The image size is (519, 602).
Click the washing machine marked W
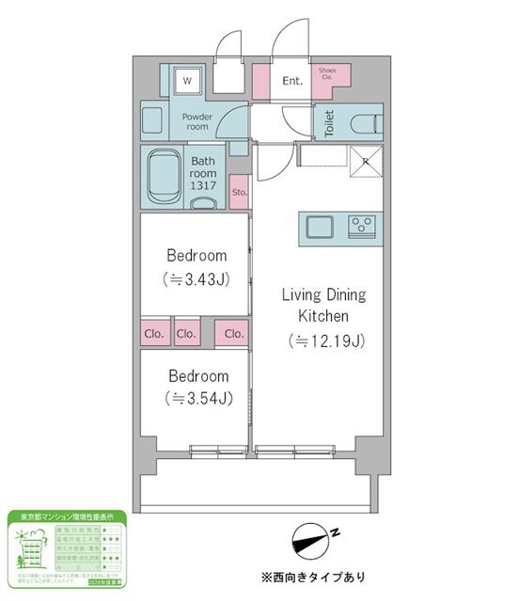[x=186, y=81]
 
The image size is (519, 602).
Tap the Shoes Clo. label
[x=328, y=74]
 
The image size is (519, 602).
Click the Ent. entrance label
[x=292, y=81]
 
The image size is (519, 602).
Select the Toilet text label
[x=329, y=124]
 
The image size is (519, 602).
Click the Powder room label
[x=197, y=121]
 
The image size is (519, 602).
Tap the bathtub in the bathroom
[x=164, y=176]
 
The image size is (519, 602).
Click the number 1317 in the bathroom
[x=204, y=186]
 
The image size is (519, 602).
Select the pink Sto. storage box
[x=239, y=192]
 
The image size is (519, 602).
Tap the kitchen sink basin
[x=318, y=226]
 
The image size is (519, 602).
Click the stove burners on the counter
[x=361, y=225]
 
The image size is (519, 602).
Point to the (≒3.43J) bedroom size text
[x=197, y=279]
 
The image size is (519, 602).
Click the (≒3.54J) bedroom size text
[x=197, y=400]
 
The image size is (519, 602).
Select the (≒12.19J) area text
[x=324, y=340]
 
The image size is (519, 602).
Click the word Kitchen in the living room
[x=324, y=317]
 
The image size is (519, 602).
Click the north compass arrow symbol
[x=316, y=540]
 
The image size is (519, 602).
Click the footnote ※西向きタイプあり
[x=313, y=577]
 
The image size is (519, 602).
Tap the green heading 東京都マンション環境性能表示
[x=67, y=517]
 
